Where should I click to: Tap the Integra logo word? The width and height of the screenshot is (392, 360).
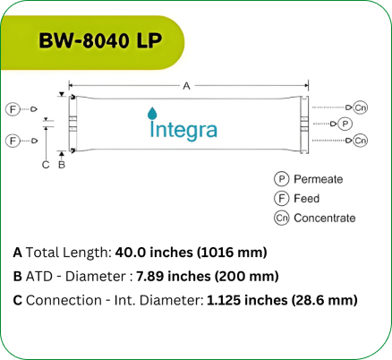183,130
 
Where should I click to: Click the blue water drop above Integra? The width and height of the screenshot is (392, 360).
151,113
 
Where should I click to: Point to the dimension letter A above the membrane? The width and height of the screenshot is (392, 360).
186,86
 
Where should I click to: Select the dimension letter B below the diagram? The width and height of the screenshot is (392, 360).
61,164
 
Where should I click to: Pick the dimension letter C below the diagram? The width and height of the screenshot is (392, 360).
46,164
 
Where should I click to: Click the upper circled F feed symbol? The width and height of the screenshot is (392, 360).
13,108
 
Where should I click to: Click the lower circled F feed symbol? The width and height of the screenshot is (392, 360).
13,141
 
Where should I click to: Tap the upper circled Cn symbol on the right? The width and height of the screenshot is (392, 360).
360,107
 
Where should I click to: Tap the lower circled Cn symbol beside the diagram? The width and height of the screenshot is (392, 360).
360,141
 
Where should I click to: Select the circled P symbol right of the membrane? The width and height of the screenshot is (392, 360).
345,124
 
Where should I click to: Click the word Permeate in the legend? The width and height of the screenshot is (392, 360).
318,179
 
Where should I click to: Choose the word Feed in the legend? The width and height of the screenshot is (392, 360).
306,198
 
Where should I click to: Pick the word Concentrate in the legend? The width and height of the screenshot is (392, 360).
324,218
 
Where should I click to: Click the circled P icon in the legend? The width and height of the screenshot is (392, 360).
280,179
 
